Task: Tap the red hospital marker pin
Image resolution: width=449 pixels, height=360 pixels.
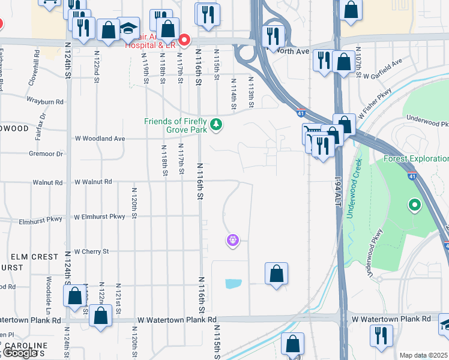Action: pos(185,40)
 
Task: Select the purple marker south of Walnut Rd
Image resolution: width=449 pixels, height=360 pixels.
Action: pos(232,241)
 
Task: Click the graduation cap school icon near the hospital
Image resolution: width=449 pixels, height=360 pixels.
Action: pos(128,29)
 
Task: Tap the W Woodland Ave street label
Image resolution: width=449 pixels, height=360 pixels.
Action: pos(100,139)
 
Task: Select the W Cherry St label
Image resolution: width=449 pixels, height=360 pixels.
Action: pos(91,251)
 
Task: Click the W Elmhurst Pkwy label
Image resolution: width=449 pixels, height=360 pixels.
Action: pos(100,217)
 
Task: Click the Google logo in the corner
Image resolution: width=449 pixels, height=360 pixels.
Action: pos(20,353)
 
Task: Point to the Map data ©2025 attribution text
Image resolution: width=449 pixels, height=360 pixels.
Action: pos(424,355)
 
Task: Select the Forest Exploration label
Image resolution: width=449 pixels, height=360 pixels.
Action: pos(416,158)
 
